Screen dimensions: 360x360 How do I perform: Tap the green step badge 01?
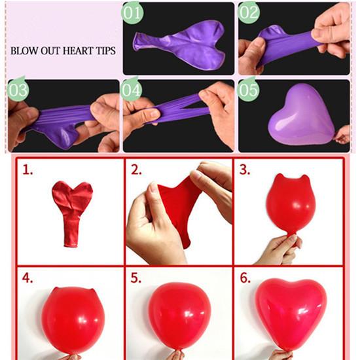132,12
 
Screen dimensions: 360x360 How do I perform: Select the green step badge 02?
249,12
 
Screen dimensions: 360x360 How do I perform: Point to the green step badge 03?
18,90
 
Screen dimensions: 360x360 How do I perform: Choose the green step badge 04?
131,90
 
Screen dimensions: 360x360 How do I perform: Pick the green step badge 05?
249,90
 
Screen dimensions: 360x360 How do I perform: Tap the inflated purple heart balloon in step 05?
301,115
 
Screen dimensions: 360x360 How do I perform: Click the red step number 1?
27,170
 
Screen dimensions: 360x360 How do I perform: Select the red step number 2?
136,170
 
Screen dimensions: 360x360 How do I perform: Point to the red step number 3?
245,170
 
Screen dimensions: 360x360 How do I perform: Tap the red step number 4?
27,278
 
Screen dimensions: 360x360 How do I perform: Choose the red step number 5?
136,278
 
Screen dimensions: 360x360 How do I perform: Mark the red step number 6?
245,278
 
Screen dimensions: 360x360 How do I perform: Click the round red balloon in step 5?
179,318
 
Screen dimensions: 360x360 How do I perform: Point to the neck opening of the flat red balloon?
71,245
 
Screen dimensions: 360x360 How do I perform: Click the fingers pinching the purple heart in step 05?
342,135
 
